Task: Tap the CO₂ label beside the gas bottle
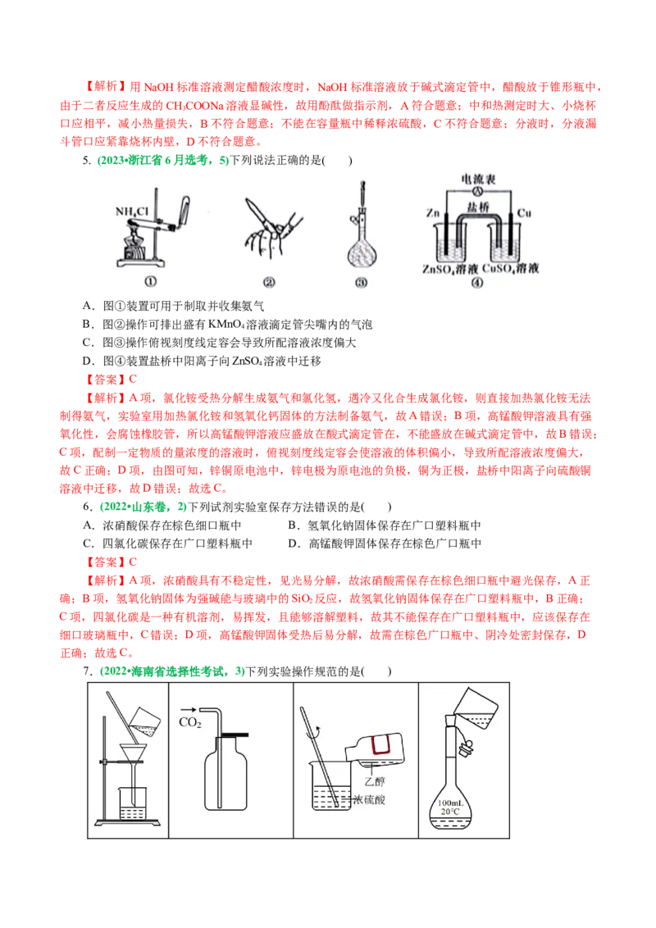point(190,721)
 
